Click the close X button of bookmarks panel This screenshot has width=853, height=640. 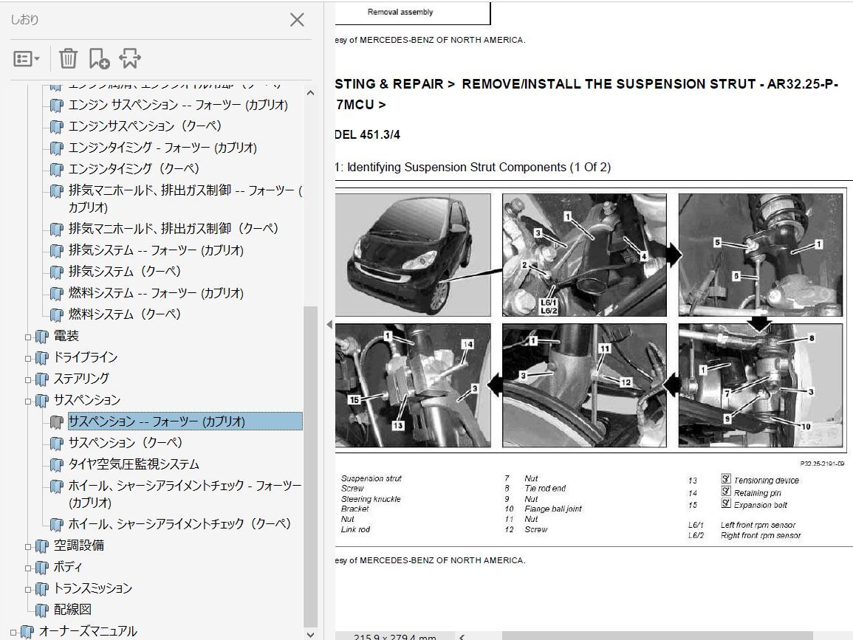click(297, 20)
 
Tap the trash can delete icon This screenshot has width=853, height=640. click(68, 58)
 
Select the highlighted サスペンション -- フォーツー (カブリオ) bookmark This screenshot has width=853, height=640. click(156, 421)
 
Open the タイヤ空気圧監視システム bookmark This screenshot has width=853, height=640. click(134, 464)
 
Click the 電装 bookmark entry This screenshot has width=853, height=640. click(66, 336)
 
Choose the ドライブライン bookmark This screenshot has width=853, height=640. click(85, 357)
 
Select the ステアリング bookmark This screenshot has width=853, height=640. click(81, 379)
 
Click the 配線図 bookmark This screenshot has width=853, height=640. click(72, 610)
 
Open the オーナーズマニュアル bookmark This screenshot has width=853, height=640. click(87, 631)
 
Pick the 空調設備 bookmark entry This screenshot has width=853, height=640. click(78, 546)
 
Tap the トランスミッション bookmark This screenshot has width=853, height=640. click(92, 588)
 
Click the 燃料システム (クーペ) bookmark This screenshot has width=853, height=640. click(124, 314)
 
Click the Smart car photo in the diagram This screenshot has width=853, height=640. click(414, 255)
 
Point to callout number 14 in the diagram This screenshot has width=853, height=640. click(467, 345)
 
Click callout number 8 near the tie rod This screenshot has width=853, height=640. click(810, 338)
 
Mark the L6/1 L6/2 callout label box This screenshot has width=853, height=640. click(549, 306)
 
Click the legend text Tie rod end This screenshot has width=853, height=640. click(545, 489)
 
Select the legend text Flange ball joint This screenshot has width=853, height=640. click(552, 509)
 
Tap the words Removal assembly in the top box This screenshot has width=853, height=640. click(400, 12)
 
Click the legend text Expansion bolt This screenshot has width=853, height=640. click(760, 506)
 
